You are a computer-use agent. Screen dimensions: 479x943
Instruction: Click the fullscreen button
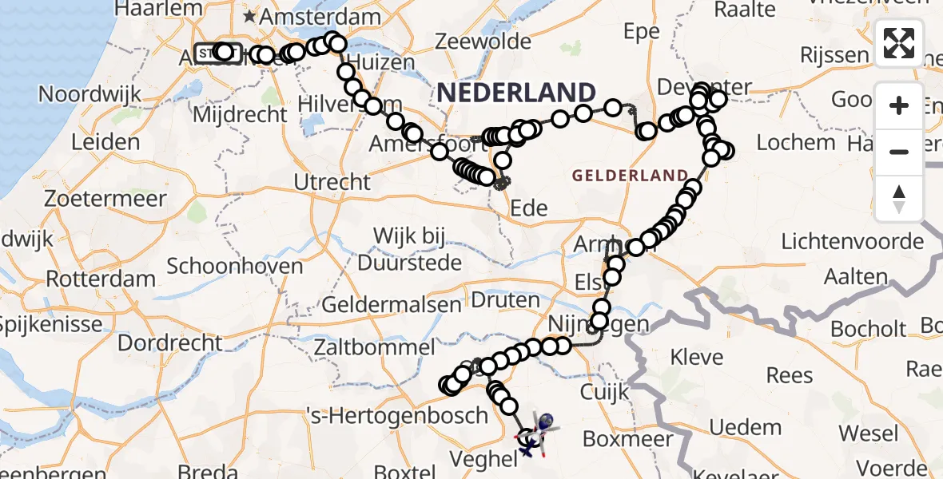[899, 43]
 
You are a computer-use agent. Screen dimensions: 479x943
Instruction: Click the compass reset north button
[899, 199]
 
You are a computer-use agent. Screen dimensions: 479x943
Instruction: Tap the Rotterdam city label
[101, 280]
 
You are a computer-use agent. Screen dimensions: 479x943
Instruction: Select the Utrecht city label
[332, 182]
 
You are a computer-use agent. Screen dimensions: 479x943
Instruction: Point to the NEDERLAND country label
[516, 93]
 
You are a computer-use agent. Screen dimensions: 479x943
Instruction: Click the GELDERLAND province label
[630, 176]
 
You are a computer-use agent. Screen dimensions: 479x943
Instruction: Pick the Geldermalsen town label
[392, 304]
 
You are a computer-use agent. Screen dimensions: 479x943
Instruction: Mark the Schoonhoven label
[235, 266]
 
